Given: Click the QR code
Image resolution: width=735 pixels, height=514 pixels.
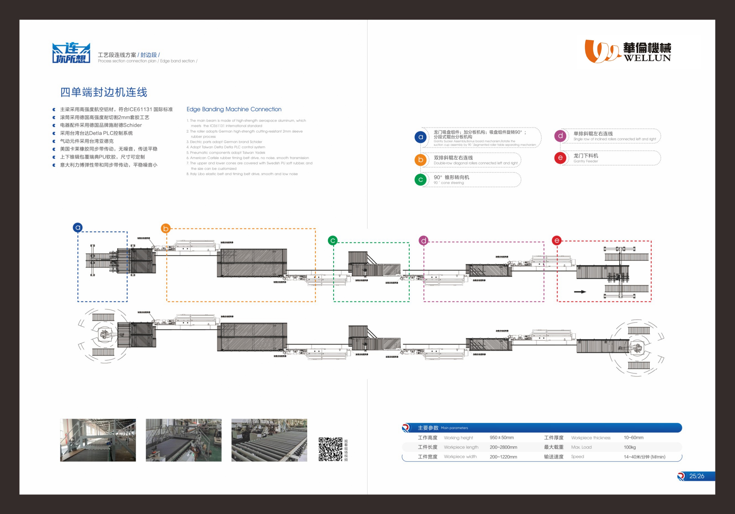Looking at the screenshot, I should (x=330, y=449).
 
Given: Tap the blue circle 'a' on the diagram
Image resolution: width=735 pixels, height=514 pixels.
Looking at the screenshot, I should (x=77, y=227).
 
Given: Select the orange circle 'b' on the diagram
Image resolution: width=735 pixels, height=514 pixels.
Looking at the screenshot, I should (x=166, y=228).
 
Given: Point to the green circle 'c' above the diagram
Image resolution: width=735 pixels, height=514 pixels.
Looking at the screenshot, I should (x=333, y=240).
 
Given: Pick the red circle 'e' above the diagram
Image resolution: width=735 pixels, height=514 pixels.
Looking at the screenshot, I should (x=557, y=240).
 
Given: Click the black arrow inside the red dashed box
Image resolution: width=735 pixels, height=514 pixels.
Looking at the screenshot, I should (x=580, y=292).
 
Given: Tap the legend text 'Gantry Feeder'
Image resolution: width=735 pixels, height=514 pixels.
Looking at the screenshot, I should (x=585, y=161).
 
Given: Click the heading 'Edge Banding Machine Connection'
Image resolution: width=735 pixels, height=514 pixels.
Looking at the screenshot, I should (x=234, y=109).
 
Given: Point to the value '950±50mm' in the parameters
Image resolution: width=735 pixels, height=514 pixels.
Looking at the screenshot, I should (x=502, y=437).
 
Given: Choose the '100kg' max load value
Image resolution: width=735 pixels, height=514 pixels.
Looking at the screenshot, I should (x=629, y=447).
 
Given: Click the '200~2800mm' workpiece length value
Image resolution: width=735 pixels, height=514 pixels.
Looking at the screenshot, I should (x=503, y=447).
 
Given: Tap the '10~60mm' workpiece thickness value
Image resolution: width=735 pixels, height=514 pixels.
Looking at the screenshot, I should (x=633, y=437).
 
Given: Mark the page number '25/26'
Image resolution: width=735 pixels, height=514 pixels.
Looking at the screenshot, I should (x=697, y=476).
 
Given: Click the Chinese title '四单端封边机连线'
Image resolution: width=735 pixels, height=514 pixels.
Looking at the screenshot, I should (x=104, y=92).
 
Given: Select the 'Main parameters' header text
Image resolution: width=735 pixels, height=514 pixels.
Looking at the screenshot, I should (x=454, y=428).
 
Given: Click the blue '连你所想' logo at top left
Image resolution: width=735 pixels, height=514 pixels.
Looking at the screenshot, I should (x=71, y=53).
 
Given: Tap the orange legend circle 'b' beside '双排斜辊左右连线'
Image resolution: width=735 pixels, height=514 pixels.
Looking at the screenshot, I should (x=421, y=160).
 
